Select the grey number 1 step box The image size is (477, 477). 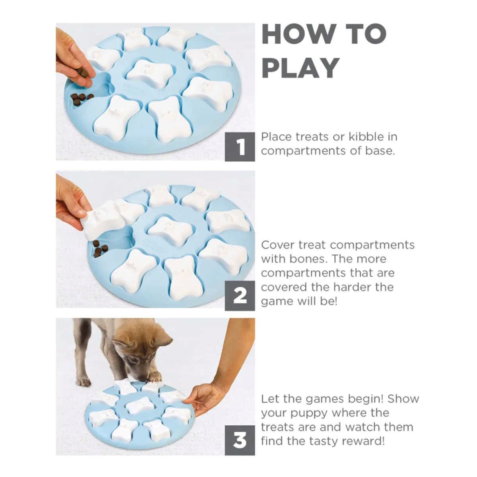(x=240, y=147)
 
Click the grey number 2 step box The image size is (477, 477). (x=240, y=296)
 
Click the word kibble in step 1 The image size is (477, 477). (x=365, y=137)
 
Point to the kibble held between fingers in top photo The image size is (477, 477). (x=82, y=73)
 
